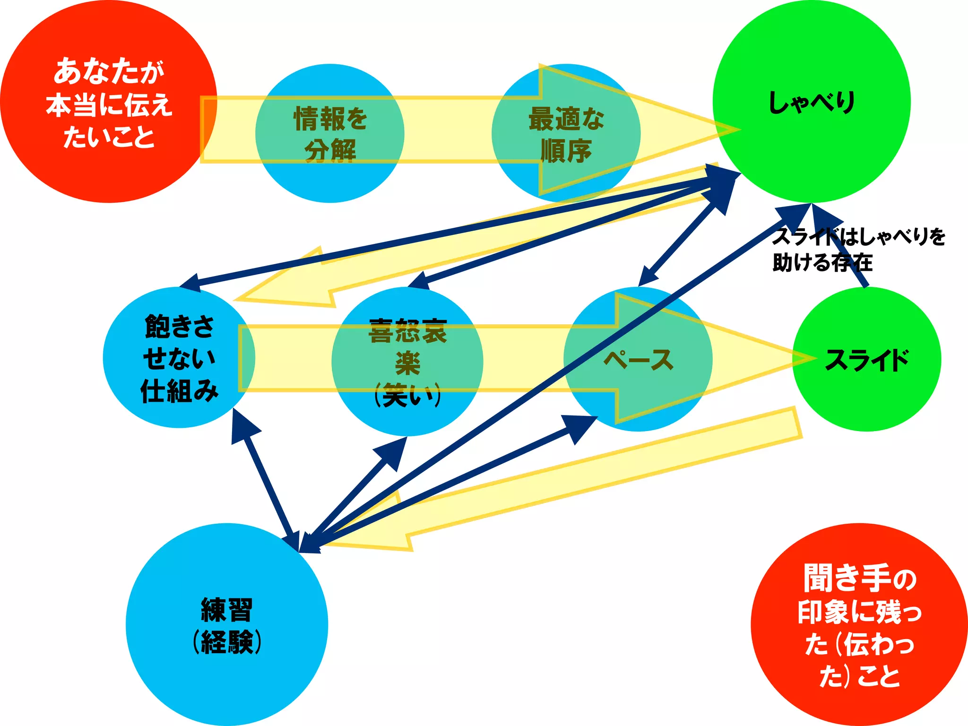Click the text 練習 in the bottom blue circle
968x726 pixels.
(227, 610)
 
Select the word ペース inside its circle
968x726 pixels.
(638, 360)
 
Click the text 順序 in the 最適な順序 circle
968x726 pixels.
(566, 151)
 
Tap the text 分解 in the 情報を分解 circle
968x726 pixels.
(329, 151)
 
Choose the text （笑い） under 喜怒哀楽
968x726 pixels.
(407, 395)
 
